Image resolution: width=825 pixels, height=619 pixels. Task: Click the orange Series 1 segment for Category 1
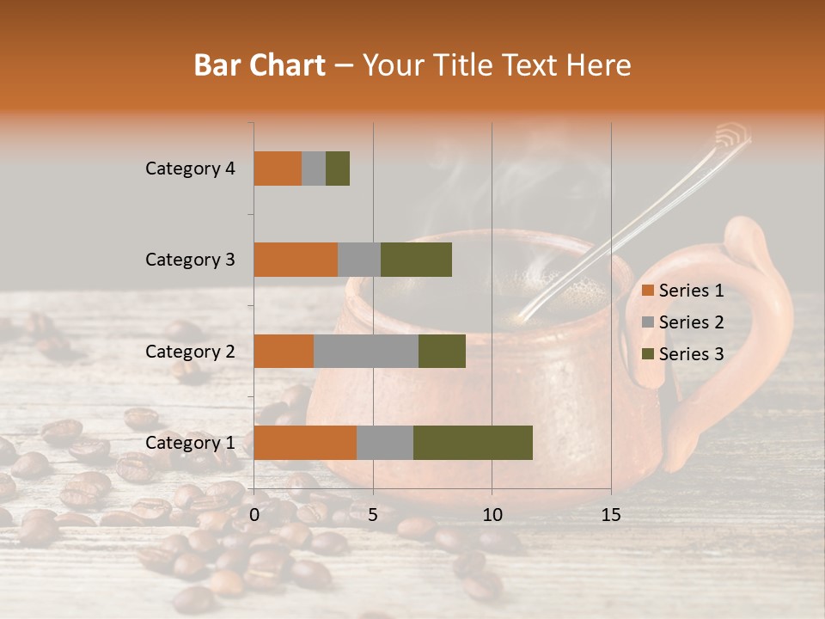(x=305, y=442)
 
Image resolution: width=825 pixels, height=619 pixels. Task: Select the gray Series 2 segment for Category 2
(x=366, y=351)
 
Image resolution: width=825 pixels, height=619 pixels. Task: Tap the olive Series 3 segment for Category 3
(x=416, y=260)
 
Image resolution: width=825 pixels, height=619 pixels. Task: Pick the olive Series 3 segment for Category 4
(x=338, y=169)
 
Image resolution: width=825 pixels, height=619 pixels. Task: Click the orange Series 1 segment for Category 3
(x=296, y=260)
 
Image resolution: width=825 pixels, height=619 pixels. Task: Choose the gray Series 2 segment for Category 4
(x=314, y=169)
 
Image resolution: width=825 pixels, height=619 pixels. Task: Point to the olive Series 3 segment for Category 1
(x=473, y=442)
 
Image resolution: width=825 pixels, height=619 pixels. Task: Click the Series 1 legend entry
(x=683, y=291)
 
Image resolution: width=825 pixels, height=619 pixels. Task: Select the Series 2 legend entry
(x=683, y=322)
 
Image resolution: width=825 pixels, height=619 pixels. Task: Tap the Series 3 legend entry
(x=683, y=354)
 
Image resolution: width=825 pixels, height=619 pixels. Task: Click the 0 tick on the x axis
(x=254, y=515)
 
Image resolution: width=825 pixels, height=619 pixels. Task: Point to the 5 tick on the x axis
(x=373, y=515)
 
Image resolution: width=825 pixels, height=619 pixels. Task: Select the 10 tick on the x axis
(x=492, y=515)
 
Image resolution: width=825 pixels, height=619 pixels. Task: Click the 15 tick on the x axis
(x=610, y=515)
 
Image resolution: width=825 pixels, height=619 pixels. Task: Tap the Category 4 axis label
(x=190, y=169)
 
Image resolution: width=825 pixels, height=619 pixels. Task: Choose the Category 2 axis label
(x=190, y=351)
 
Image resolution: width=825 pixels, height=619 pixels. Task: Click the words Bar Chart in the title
(x=260, y=65)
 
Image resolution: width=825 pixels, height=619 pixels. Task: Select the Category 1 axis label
(x=190, y=442)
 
